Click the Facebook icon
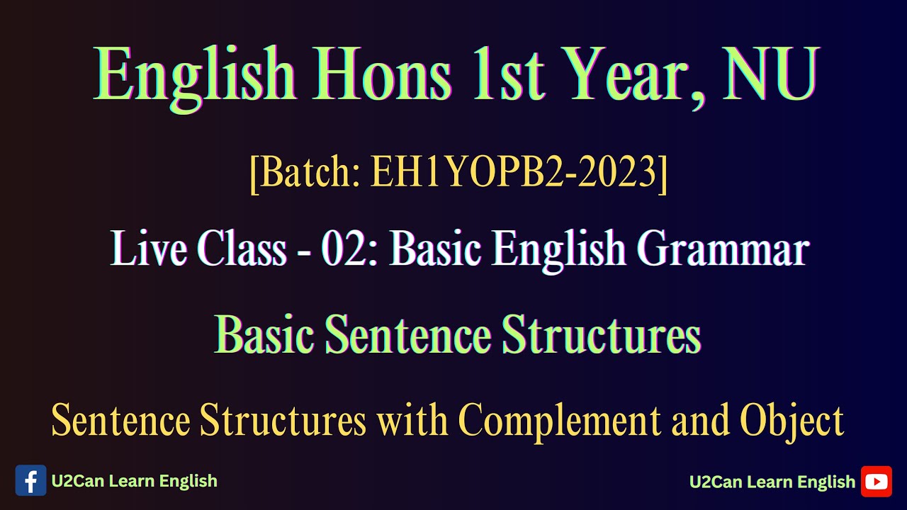pyautogui.click(x=30, y=481)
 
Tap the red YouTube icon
pyautogui.click(x=876, y=482)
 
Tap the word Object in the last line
pyautogui.click(x=791, y=420)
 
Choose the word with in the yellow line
pyautogui.click(x=412, y=420)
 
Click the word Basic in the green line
pyautogui.click(x=264, y=334)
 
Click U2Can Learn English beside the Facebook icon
pyautogui.click(x=134, y=481)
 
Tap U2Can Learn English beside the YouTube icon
pyautogui.click(x=772, y=482)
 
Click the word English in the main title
pyautogui.click(x=195, y=74)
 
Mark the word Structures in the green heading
pyautogui.click(x=601, y=334)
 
